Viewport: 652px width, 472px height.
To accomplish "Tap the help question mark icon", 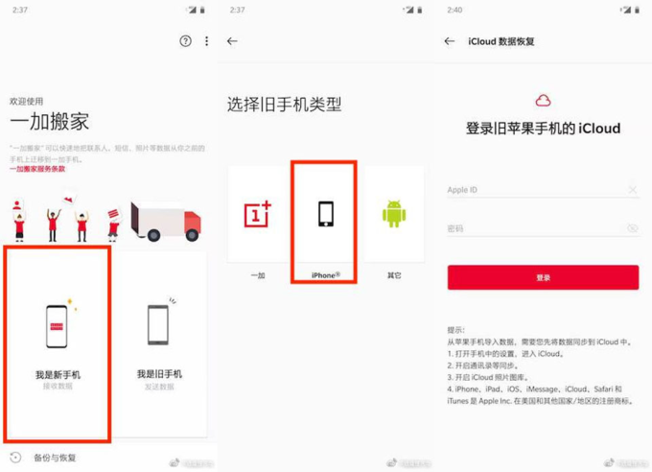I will pyautogui.click(x=185, y=41).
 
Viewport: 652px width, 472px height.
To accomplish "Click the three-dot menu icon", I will pyautogui.click(x=206, y=41).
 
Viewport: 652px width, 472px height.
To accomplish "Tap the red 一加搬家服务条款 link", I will pyautogui.click(x=37, y=169).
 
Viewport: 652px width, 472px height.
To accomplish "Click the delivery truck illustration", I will pyautogui.click(x=165, y=221).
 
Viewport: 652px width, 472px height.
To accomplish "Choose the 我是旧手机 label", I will pyautogui.click(x=159, y=374).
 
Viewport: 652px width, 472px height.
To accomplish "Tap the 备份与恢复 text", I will pyautogui.click(x=55, y=458).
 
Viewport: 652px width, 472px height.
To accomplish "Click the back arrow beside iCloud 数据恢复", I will pyautogui.click(x=450, y=41).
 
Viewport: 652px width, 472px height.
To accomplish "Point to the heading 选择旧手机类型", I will pyautogui.click(x=284, y=104).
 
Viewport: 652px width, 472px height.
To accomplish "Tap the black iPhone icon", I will pyautogui.click(x=325, y=214).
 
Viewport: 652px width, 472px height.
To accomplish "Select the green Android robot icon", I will pyautogui.click(x=394, y=214).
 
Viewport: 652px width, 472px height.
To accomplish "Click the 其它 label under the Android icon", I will pyautogui.click(x=394, y=275).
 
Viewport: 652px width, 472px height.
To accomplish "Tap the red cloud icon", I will pyautogui.click(x=543, y=100).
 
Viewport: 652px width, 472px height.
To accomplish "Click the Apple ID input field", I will pyautogui.click(x=532, y=190).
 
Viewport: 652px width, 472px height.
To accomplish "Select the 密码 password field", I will pyautogui.click(x=532, y=229).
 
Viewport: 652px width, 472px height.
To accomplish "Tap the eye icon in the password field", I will pyautogui.click(x=632, y=229).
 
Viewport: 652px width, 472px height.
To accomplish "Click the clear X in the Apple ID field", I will pyautogui.click(x=632, y=190).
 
